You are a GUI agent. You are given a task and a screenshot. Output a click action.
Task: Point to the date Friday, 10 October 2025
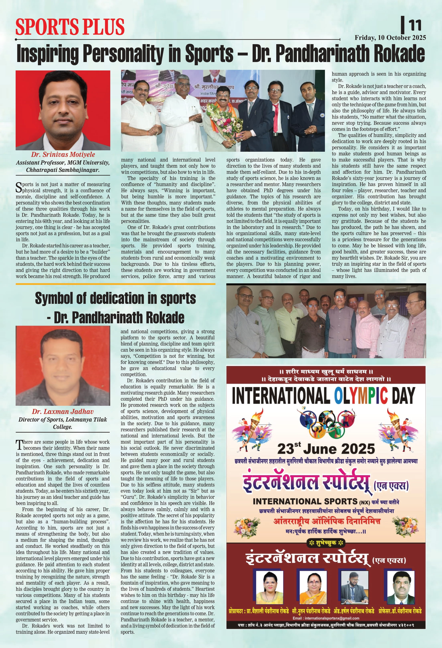coord(390,38)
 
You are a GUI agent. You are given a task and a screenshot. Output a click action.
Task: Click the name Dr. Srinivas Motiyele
coord(63,155)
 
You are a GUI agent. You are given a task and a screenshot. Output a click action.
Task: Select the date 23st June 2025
coord(326,449)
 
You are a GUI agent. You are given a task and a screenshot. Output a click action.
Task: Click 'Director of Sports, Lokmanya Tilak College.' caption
coord(63,423)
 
